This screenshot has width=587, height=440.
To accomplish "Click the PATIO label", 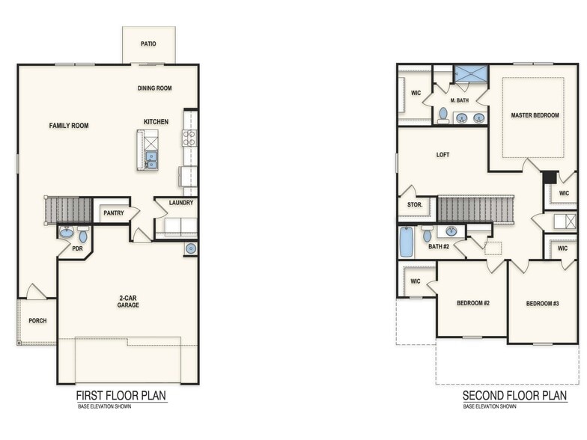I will (x=148, y=44).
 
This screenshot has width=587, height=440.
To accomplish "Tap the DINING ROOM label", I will (x=154, y=88).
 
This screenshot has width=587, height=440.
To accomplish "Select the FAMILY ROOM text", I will (x=69, y=126).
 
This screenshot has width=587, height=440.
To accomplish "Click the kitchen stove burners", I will (x=190, y=138).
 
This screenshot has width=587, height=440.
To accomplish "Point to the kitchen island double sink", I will (x=151, y=160).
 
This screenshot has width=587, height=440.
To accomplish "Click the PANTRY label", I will (x=113, y=213).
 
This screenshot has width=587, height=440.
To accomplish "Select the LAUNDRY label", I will (x=181, y=202).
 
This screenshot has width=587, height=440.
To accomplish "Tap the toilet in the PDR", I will (x=82, y=236).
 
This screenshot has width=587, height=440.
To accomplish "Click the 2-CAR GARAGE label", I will (x=127, y=302).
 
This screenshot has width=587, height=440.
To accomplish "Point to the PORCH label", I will (x=37, y=320).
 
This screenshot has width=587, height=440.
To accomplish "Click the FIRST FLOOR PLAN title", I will (x=121, y=395).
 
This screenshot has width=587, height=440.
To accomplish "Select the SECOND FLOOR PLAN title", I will (x=514, y=395).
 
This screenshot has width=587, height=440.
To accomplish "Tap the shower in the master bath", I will (x=470, y=73).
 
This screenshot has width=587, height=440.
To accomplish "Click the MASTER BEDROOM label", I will (x=535, y=115).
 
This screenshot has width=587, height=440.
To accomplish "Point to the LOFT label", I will (x=443, y=155).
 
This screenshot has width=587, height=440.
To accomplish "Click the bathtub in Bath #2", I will (x=406, y=242).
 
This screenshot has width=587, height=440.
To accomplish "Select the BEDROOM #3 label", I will (x=543, y=303).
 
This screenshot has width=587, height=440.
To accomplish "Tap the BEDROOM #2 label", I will (x=472, y=303).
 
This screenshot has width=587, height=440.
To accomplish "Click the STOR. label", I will (x=415, y=204).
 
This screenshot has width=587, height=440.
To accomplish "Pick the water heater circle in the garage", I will (x=190, y=248).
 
